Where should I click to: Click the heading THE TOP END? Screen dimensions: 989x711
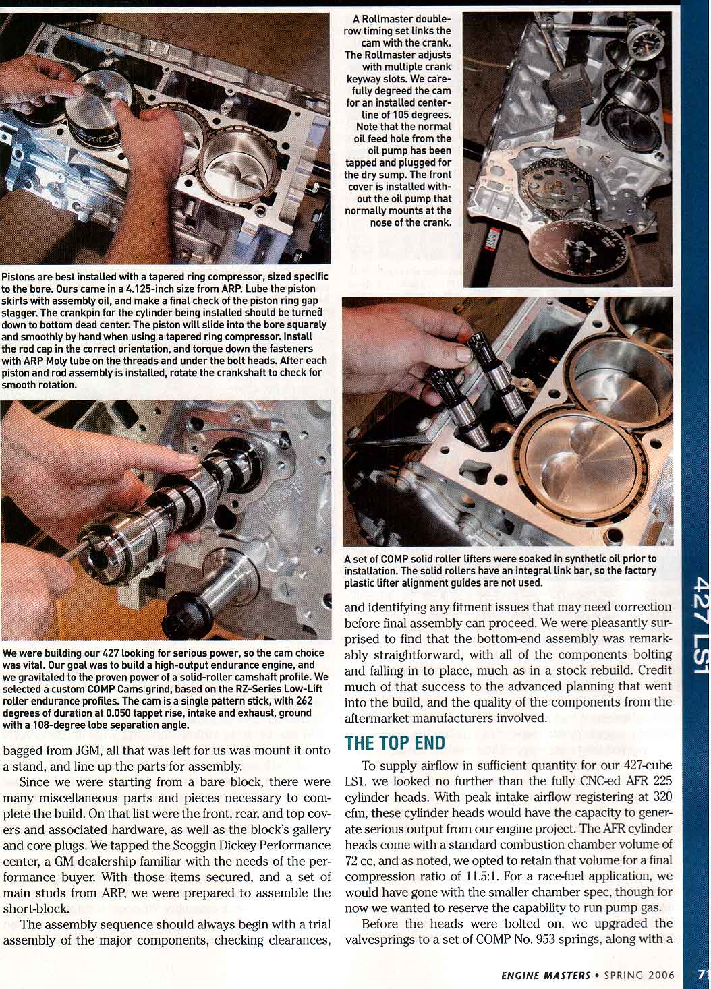pyautogui.click(x=395, y=743)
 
